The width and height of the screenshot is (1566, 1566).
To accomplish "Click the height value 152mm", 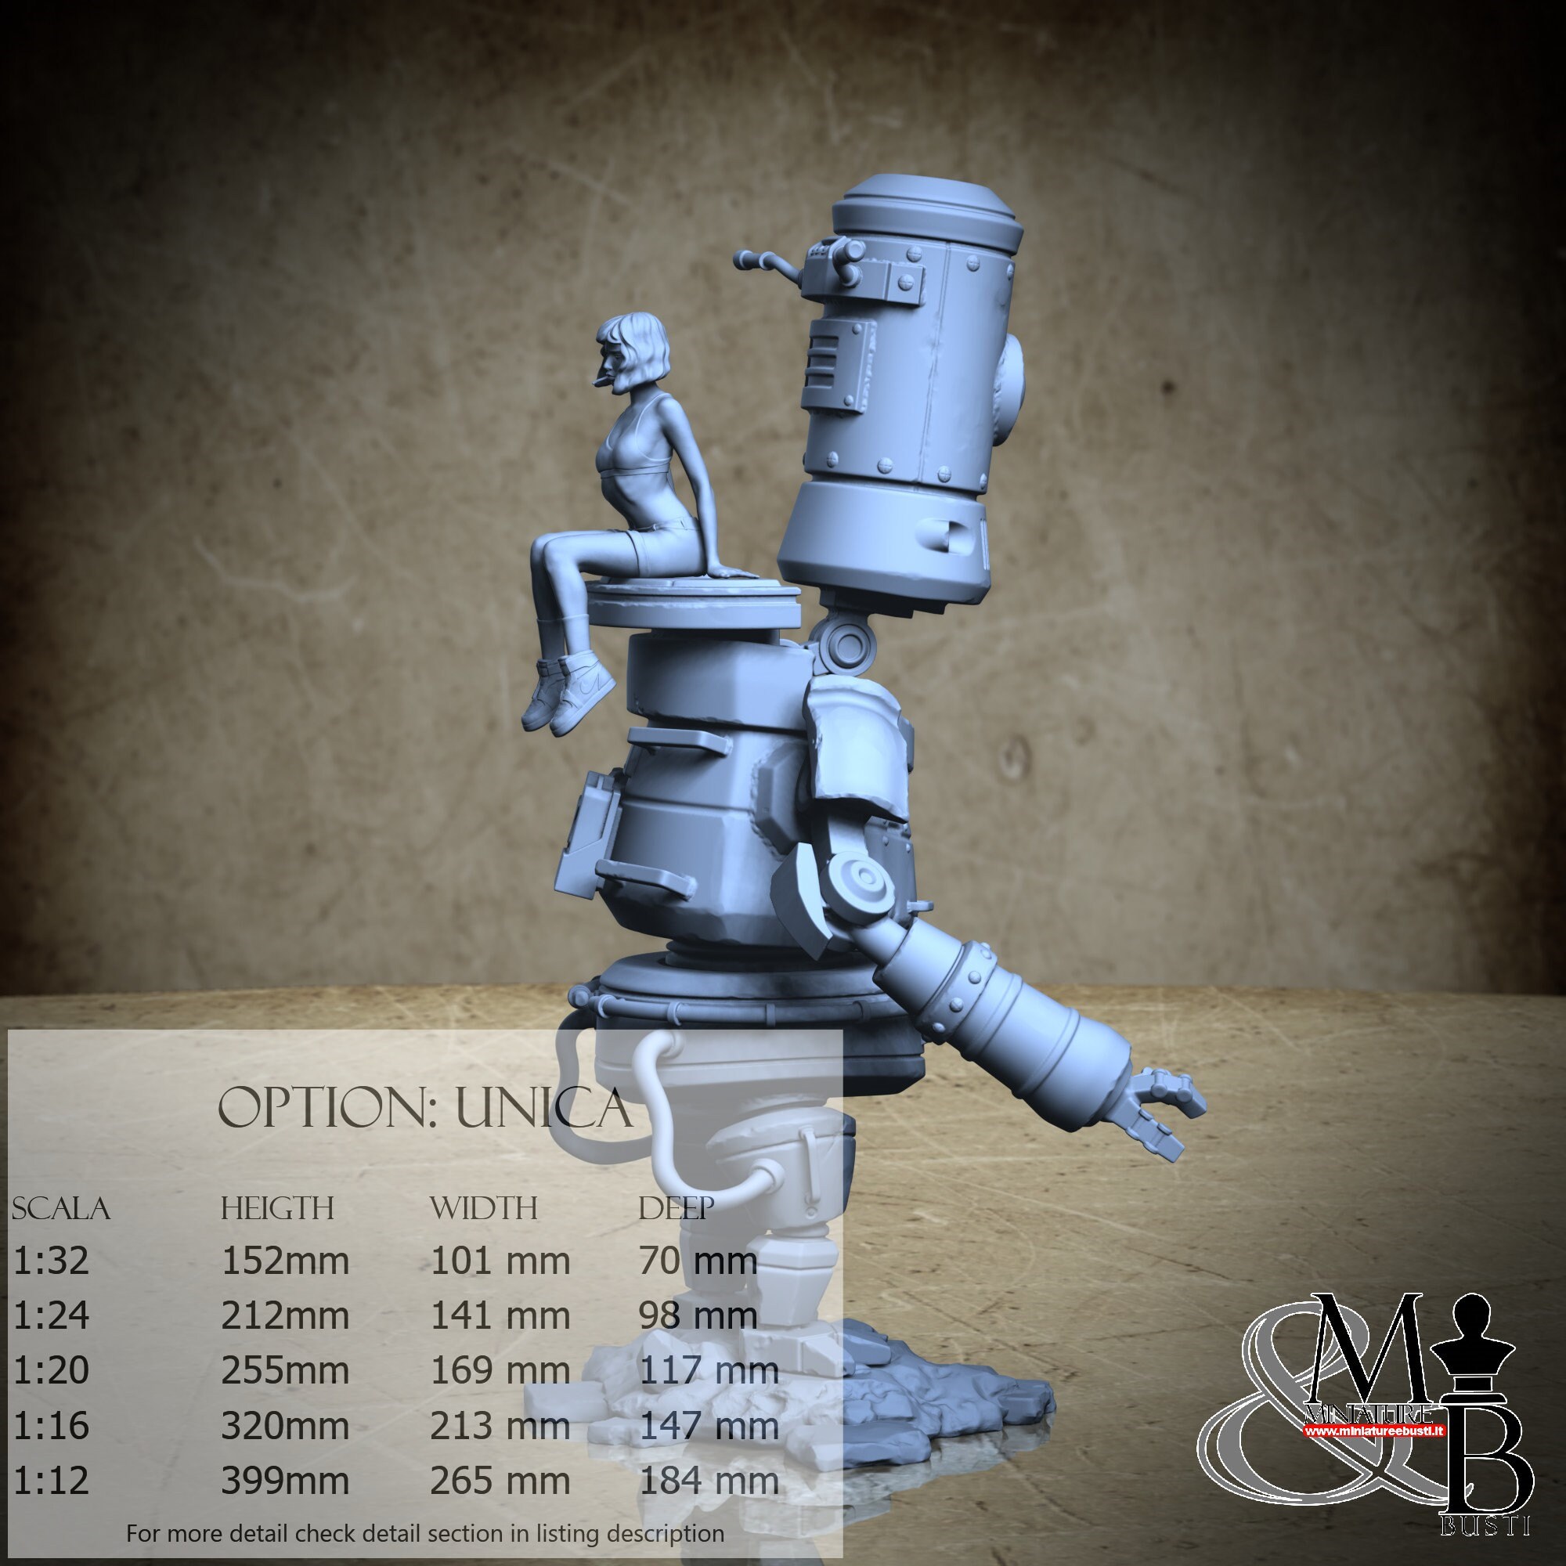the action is (x=285, y=1261).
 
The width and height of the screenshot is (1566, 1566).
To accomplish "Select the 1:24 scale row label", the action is (x=51, y=1315).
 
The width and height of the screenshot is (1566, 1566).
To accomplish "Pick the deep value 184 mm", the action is (x=709, y=1481).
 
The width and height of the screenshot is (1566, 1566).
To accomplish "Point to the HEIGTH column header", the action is (x=277, y=1208).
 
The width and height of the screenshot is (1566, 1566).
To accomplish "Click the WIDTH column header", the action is (x=484, y=1208).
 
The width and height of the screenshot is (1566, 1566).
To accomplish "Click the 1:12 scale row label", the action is (x=51, y=1481).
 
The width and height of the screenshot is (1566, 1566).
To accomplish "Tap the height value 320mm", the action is (x=285, y=1426).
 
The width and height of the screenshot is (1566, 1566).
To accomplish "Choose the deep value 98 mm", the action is (x=698, y=1315).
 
